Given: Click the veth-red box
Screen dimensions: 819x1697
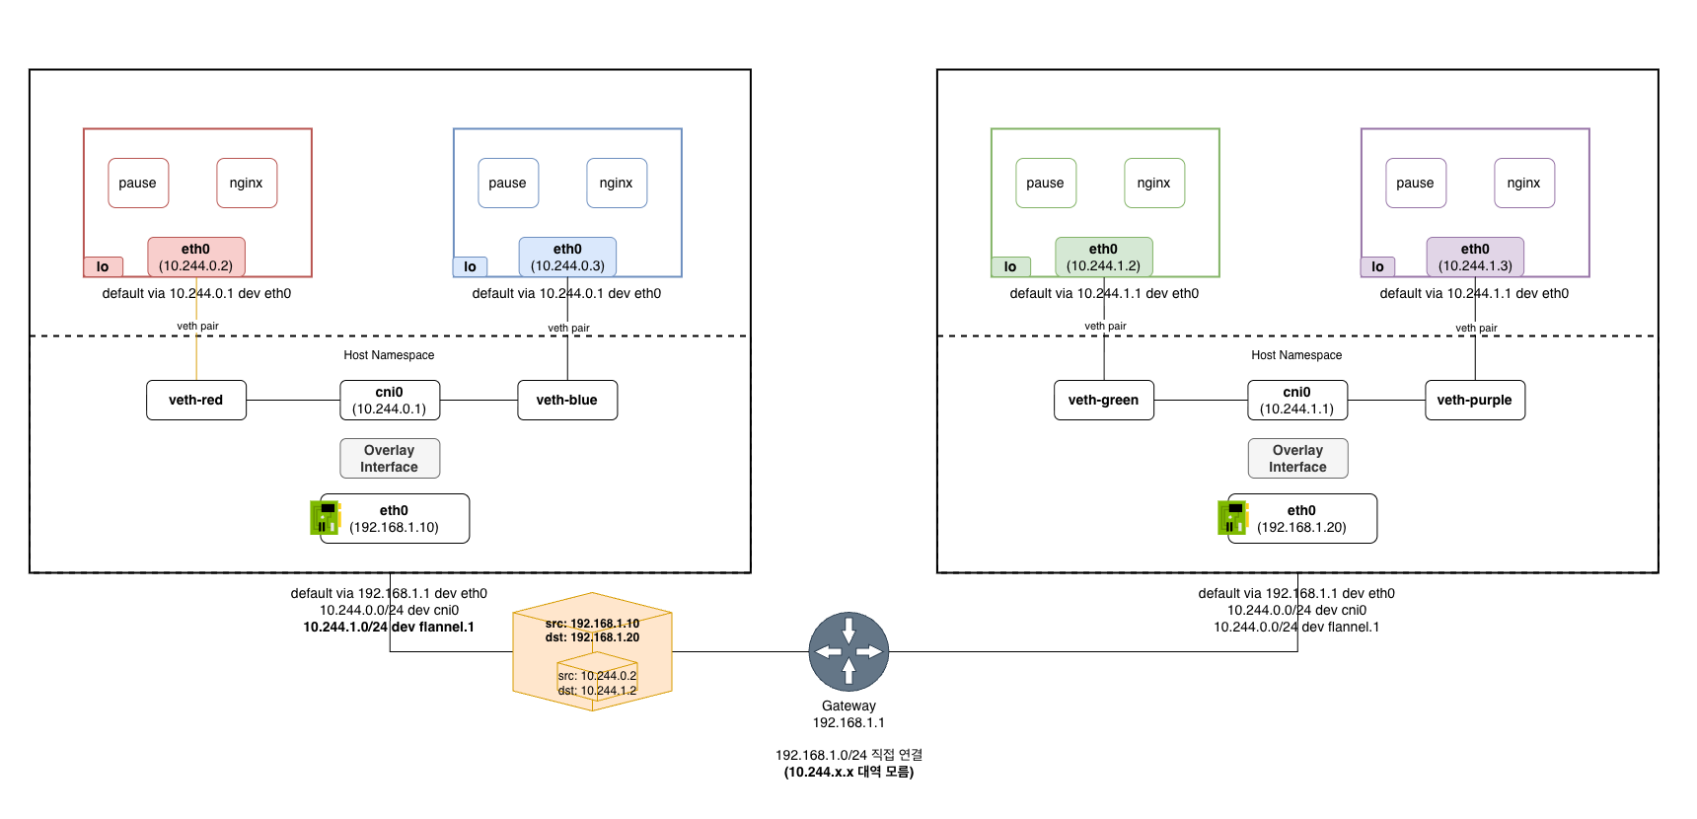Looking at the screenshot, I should click(195, 400).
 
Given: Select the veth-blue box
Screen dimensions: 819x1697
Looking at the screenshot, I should click(567, 400).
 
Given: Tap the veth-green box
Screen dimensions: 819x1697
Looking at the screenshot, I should click(1103, 400).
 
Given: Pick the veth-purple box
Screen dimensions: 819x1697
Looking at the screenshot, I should click(1474, 400).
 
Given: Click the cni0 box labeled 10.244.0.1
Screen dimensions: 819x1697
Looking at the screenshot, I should click(390, 400).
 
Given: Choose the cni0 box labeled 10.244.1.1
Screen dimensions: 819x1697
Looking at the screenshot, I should click(1296, 400).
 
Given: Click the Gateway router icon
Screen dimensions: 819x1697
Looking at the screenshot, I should click(848, 651).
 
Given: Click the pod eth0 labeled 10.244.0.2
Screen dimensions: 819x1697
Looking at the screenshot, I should click(196, 257).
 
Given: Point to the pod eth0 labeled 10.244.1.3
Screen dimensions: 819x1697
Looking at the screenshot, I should click(1475, 257).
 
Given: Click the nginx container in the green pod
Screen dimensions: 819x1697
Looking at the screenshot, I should click(1153, 183).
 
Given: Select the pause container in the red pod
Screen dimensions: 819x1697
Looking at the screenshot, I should click(138, 183).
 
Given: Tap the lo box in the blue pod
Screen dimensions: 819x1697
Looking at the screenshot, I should click(470, 266).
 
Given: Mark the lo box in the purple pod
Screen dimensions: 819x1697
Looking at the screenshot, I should click(1377, 266).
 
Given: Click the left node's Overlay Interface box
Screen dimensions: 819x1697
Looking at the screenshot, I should click(390, 458).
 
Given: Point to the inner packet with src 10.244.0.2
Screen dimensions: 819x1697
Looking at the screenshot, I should click(597, 683).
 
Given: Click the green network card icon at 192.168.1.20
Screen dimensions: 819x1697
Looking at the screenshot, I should click(1231, 517).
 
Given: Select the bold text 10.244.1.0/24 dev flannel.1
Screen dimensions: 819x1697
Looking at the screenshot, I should click(389, 627).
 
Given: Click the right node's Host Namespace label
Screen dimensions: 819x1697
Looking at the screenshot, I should click(1296, 355).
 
